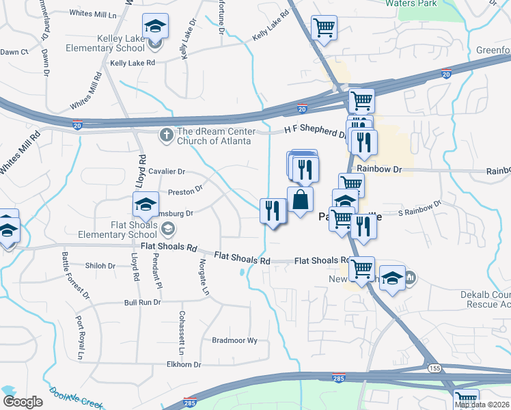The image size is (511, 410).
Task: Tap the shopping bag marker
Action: click(x=301, y=201)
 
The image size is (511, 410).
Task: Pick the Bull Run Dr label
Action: click(x=142, y=302)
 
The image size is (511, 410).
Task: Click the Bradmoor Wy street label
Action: click(x=234, y=340)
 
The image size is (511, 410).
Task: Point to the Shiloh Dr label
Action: click(x=100, y=266)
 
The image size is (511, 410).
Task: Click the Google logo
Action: click(x=23, y=401)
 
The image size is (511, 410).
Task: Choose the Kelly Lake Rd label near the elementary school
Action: click(x=133, y=62)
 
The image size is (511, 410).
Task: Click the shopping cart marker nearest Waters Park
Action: click(x=323, y=29)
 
